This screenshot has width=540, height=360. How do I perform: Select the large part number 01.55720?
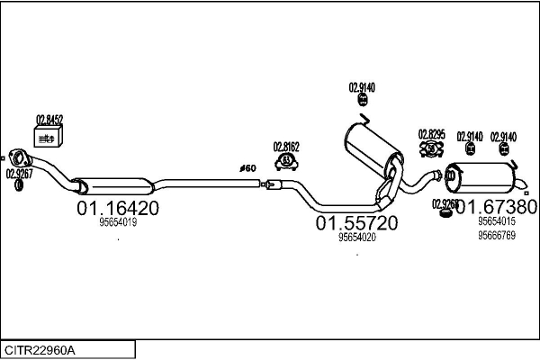click(x=356, y=222)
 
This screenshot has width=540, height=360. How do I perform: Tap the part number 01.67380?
click(x=496, y=207)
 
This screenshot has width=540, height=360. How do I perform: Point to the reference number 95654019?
click(x=118, y=222)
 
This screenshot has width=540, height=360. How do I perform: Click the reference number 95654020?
click(x=356, y=238)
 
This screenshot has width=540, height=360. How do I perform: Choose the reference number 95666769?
click(x=496, y=236)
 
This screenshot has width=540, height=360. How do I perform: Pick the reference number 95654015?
click(x=496, y=221)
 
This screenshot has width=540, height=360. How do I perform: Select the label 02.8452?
click(x=49, y=119)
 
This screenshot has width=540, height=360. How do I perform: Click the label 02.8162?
click(x=287, y=145)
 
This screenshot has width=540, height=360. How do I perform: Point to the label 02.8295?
click(x=431, y=134)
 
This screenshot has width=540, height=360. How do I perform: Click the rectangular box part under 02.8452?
click(x=47, y=136)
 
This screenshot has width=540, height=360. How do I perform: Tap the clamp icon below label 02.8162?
click(x=287, y=161)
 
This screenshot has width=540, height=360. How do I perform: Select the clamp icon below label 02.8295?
click(x=430, y=149)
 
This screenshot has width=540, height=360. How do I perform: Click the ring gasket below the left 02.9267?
click(x=19, y=186)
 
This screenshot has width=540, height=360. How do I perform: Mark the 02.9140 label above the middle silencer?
click(x=362, y=87)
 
